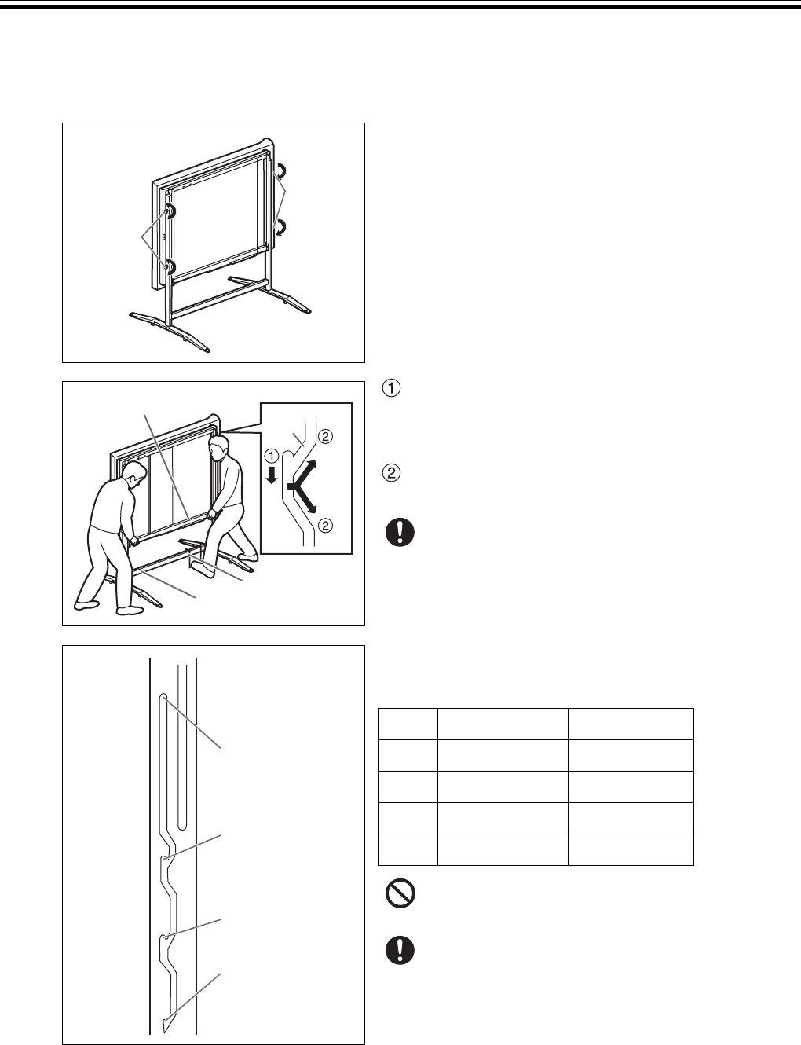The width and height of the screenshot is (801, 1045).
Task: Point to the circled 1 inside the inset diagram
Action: coord(271,454)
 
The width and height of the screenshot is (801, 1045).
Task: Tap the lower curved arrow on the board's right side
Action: coord(278,228)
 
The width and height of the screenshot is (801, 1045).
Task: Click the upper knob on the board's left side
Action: coord(170,211)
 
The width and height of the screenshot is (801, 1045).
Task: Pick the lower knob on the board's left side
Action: coord(169,266)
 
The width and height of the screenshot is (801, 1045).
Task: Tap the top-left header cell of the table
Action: coord(408,724)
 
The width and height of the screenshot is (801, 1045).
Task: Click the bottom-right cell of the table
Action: coord(630,849)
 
